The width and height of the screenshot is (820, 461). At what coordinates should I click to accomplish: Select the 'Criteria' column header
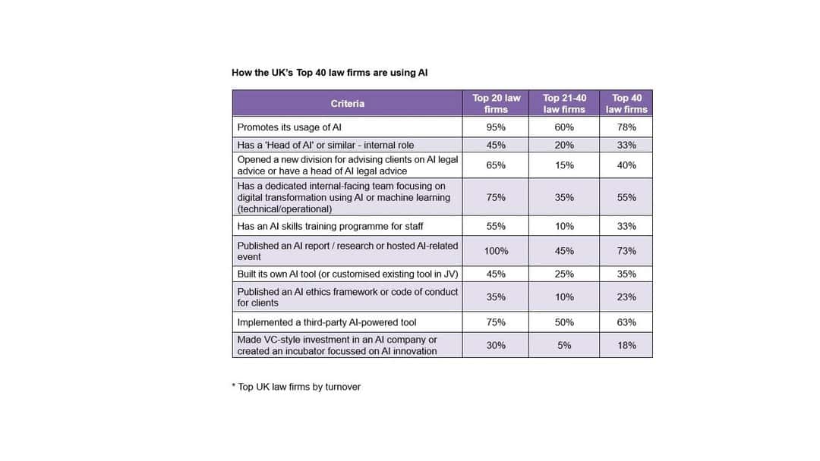click(347, 104)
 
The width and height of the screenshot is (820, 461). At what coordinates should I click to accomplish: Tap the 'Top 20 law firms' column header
click(496, 104)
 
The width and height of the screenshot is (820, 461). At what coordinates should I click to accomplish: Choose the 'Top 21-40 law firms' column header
click(564, 104)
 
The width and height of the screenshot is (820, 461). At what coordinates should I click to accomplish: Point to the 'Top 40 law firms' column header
click(626, 104)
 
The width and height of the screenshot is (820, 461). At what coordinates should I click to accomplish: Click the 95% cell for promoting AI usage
click(496, 127)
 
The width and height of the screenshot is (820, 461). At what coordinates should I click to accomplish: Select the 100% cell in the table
click(496, 251)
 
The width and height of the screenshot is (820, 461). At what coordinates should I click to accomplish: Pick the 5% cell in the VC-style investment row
click(564, 346)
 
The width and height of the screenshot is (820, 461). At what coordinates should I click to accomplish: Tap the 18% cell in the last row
click(626, 346)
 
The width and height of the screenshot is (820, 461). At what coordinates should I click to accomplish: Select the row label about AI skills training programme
click(330, 226)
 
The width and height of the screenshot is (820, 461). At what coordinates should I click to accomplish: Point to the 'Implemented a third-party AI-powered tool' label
click(326, 322)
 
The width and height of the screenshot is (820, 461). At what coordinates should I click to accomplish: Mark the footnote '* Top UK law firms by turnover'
click(296, 387)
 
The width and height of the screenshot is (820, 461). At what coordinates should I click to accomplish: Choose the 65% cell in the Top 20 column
click(496, 165)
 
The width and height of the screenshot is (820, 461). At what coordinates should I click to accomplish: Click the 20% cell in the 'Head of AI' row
click(564, 145)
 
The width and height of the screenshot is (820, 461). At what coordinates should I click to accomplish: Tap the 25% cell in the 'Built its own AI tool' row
click(564, 274)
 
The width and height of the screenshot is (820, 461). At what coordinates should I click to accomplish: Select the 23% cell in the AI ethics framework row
click(626, 297)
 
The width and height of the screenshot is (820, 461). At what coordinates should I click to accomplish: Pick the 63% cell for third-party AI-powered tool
click(626, 322)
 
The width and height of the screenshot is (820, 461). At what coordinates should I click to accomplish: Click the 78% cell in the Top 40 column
click(626, 127)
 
